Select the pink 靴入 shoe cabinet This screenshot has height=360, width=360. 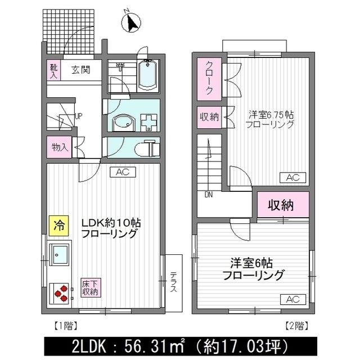51,70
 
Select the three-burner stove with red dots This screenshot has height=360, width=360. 60,291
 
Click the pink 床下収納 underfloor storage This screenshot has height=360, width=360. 89,287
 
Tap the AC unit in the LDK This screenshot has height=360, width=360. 123,172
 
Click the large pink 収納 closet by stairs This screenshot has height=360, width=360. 280,205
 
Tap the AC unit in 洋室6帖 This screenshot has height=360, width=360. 292,299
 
